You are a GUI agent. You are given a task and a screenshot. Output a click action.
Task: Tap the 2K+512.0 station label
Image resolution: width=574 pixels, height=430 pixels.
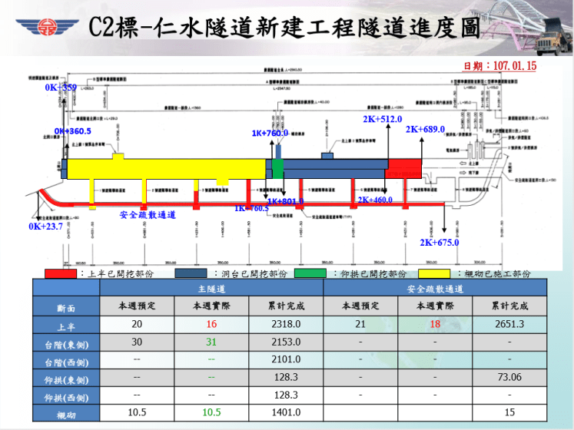[x=383, y=119]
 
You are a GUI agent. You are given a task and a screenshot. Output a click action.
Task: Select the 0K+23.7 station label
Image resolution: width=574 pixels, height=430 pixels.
[x=46, y=227]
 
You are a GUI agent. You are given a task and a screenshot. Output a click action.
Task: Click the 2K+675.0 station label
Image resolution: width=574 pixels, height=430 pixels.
[x=440, y=243]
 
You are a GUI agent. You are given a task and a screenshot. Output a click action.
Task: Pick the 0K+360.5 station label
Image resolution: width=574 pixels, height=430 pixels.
[x=72, y=131]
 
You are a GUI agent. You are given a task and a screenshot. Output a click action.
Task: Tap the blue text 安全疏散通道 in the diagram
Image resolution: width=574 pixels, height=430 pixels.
[x=148, y=215]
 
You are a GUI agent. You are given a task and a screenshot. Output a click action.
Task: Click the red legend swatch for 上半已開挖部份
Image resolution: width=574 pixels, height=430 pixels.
[x=61, y=273]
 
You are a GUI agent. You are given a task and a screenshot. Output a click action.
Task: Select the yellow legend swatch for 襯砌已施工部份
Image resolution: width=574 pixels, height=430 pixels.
[x=434, y=273]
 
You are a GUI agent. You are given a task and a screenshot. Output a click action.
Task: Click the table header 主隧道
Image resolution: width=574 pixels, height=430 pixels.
[x=211, y=289]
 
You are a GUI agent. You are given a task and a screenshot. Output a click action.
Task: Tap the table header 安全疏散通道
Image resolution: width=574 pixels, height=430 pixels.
[x=435, y=289]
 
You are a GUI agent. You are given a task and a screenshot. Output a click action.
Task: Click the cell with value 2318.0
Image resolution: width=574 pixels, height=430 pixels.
[x=286, y=324]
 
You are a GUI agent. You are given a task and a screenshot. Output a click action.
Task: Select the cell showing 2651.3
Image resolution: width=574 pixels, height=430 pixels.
[x=509, y=324]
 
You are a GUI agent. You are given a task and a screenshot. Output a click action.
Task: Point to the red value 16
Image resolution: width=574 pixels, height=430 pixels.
[x=211, y=324]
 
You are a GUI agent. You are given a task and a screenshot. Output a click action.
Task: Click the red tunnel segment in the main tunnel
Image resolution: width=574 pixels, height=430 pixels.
[x=403, y=169]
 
